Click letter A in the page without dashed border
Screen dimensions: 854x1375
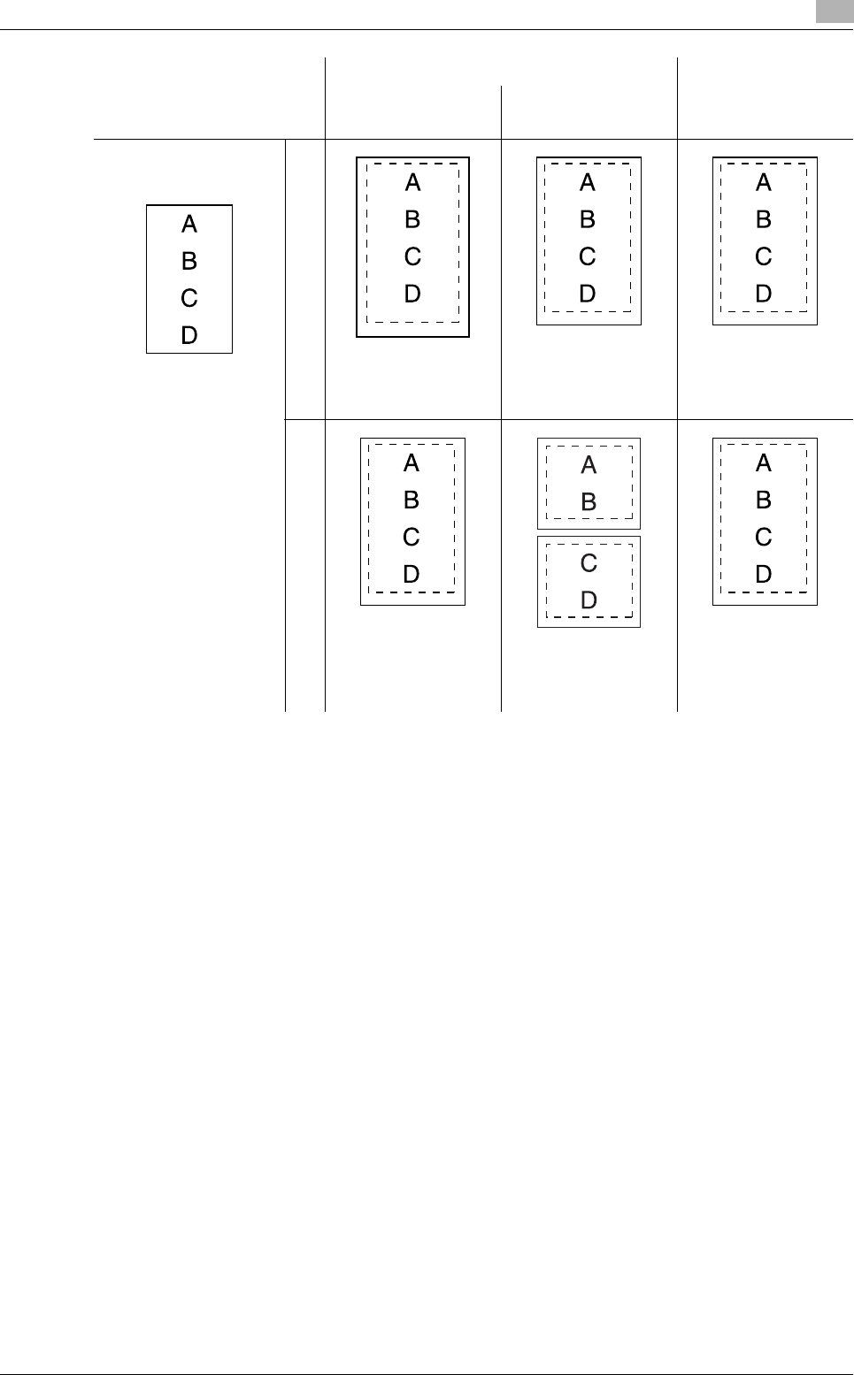189,225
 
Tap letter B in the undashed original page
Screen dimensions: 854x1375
189,262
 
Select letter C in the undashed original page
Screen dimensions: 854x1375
189,299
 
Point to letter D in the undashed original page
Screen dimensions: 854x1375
189,335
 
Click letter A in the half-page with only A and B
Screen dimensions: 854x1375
589,466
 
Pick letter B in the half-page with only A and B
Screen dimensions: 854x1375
589,503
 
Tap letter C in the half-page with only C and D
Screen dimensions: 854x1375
589,563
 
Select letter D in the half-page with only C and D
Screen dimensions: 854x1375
589,600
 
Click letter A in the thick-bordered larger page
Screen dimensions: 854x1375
412,183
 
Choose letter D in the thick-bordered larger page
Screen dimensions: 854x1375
412,294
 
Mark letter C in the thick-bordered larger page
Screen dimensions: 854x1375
412,256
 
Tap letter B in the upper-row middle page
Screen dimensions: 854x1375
588,219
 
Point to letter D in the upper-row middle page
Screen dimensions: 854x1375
588,294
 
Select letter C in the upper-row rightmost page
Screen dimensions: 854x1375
764,256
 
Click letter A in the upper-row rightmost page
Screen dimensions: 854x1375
764,183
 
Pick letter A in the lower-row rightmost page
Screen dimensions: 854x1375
764,463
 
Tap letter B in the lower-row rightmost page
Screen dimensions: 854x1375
764,500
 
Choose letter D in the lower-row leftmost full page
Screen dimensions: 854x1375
412,575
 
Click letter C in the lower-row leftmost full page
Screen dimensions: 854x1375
412,538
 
